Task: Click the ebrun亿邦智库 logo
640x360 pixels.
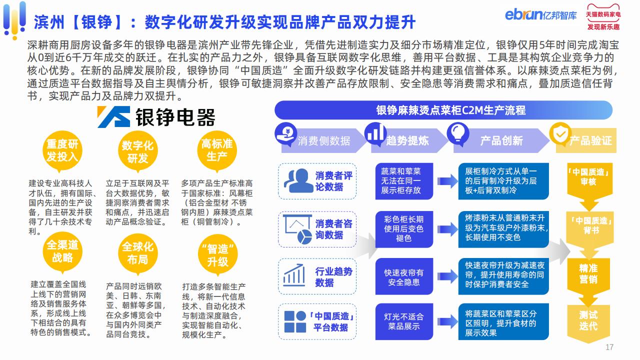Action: tap(540, 14)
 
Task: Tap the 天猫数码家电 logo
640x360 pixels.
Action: tap(603, 17)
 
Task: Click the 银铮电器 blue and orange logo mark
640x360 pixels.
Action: tap(113, 116)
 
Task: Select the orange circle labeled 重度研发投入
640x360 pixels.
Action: tap(62, 150)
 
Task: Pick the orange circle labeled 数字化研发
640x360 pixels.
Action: tap(137, 151)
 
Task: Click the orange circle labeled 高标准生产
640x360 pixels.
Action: tap(217, 150)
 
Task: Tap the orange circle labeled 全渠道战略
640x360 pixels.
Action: tap(62, 252)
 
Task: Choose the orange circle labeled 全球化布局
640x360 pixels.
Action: tap(137, 253)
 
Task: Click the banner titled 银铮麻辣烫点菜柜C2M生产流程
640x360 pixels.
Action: tap(443, 110)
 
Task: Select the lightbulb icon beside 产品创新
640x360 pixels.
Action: tap(457, 133)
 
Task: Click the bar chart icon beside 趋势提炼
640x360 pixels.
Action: tap(375, 133)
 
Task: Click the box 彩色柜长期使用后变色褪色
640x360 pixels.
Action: tap(404, 229)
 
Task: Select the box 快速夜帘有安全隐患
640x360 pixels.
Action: tap(404, 276)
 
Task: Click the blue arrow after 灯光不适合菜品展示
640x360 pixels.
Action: tap(447, 321)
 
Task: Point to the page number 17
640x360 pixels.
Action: tap(609, 347)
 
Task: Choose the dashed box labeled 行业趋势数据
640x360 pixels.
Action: tap(317, 276)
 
